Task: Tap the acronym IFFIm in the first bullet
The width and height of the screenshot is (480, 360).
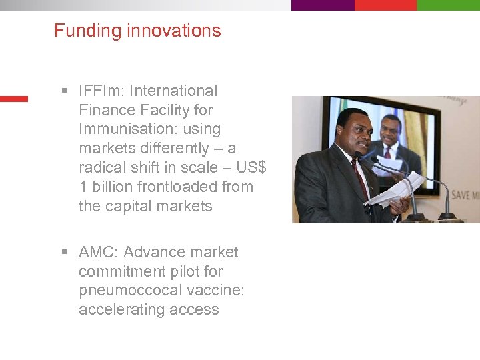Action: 98,91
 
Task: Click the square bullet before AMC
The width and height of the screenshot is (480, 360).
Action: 65,252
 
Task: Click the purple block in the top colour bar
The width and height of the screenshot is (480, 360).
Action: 322,5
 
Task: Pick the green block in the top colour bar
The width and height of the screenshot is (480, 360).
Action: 448,5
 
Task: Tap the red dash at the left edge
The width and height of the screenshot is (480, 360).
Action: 13,99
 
